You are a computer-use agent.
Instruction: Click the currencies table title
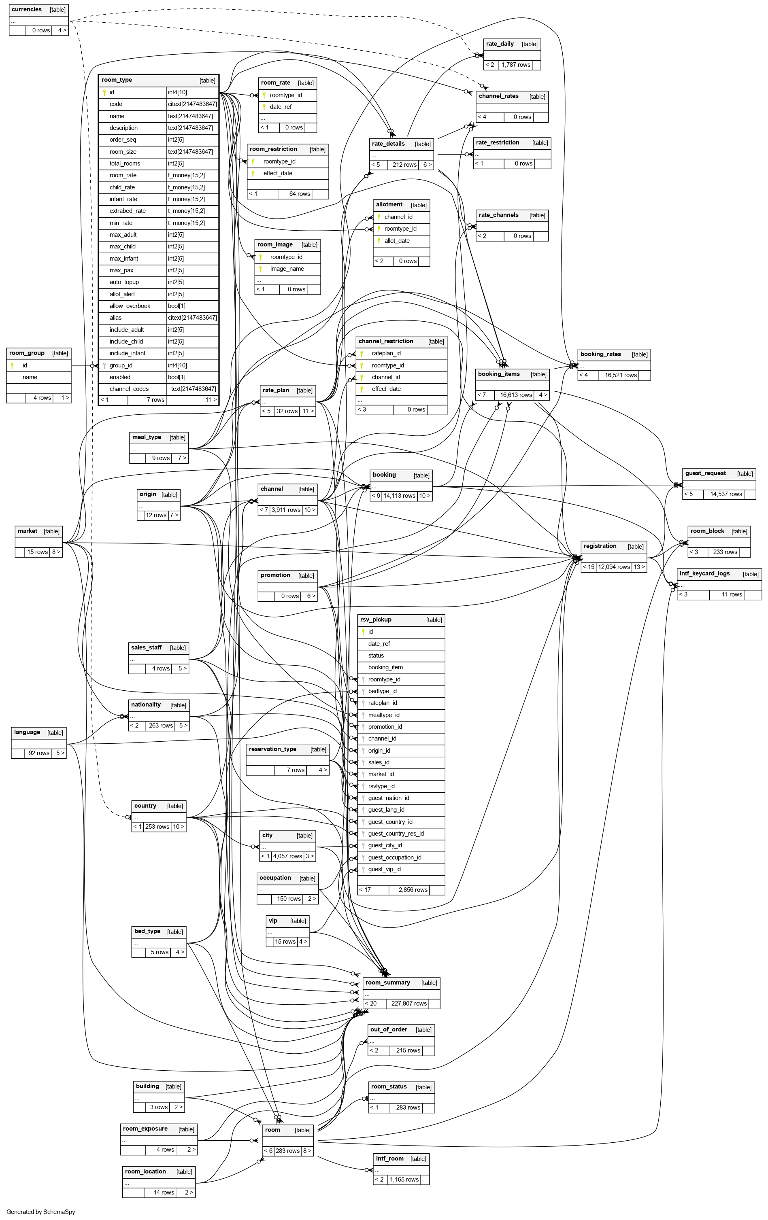(x=27, y=10)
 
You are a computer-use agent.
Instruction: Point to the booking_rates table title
(x=600, y=354)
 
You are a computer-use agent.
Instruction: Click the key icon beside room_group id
(x=12, y=365)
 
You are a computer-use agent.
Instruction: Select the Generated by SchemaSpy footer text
(x=40, y=1212)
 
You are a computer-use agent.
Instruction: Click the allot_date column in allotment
(x=397, y=241)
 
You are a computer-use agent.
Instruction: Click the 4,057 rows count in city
(x=287, y=856)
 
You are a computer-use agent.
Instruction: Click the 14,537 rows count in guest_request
(x=725, y=494)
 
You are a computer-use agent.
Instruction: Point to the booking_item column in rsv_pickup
(x=385, y=667)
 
